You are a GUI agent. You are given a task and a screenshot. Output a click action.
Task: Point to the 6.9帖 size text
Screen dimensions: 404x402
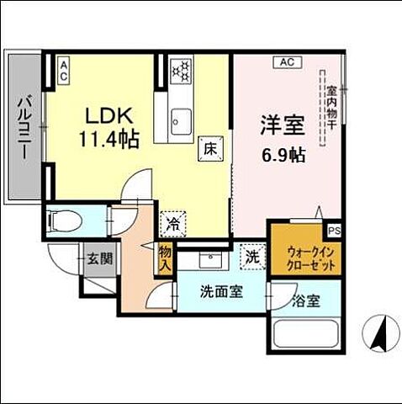click(281, 155)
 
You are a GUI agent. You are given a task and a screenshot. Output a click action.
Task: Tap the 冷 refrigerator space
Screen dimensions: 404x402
click(173, 224)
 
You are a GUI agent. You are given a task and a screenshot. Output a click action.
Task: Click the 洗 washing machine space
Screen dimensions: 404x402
click(251, 256)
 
